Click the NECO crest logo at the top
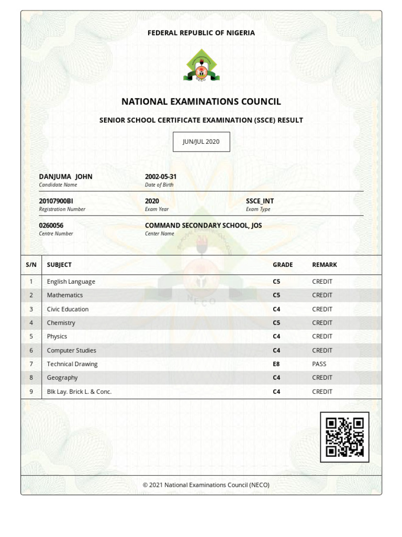pyautogui.click(x=201, y=65)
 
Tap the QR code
pyautogui.click(x=344, y=437)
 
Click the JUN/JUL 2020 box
pyautogui.click(x=201, y=142)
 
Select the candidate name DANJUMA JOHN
pyautogui.click(x=65, y=177)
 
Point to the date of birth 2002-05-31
pyautogui.click(x=161, y=177)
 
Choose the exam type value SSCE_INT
pyautogui.click(x=260, y=201)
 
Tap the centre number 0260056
pyautogui.click(x=51, y=225)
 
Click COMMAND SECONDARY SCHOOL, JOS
pyautogui.click(x=203, y=225)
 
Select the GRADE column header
pyautogui.click(x=283, y=265)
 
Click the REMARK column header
pyautogui.click(x=325, y=265)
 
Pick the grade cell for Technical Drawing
pyautogui.click(x=276, y=364)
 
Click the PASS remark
pyautogui.click(x=319, y=364)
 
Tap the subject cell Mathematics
pyautogui.click(x=65, y=295)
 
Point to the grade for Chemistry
pyautogui.click(x=276, y=323)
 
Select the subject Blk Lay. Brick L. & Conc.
pyautogui.click(x=79, y=392)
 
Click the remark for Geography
pyautogui.click(x=322, y=378)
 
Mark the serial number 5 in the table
pyautogui.click(x=31, y=337)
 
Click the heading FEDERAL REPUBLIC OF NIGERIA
pyautogui.click(x=201, y=33)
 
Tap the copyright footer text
pyautogui.click(x=206, y=485)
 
